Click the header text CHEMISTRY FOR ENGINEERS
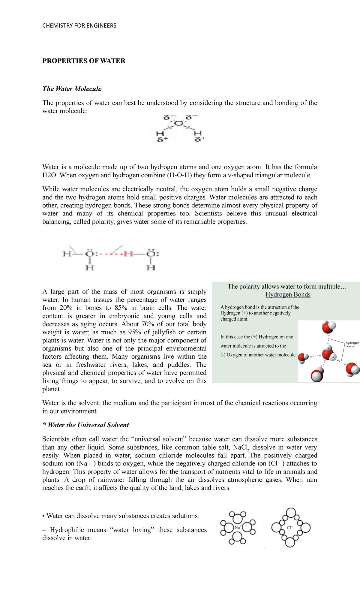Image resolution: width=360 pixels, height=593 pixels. pyautogui.click(x=79, y=26)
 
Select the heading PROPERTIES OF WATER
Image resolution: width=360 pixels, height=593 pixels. pyautogui.click(x=84, y=61)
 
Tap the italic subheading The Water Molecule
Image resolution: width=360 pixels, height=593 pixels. pyautogui.click(x=72, y=89)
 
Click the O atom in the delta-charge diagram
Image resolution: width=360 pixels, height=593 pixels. pyautogui.click(x=178, y=123)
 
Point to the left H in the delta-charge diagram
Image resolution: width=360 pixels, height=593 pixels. pyautogui.click(x=160, y=133)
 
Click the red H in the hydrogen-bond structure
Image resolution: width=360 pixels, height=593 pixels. pyautogui.click(x=128, y=254)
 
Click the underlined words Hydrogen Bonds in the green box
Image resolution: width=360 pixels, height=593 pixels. pyautogui.click(x=288, y=294)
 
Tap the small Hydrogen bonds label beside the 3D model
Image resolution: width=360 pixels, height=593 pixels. pyautogui.click(x=352, y=344)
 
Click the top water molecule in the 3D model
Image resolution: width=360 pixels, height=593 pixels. pyautogui.click(x=328, y=327)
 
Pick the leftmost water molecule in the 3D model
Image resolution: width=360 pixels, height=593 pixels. pyautogui.click(x=303, y=358)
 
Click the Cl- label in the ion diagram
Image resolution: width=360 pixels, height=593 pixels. pyautogui.click(x=289, y=527)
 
